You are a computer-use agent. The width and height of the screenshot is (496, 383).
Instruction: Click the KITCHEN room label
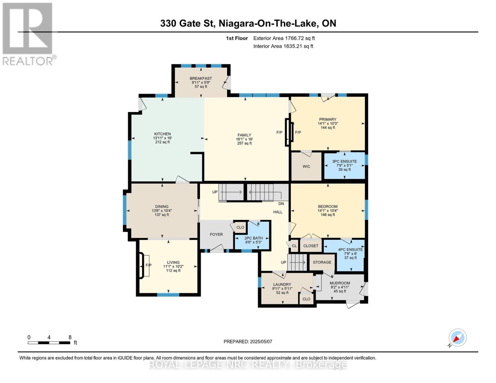point(162,134)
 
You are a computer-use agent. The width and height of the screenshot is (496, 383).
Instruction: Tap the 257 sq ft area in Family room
point(244,143)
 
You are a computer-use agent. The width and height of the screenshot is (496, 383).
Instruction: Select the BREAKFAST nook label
point(201,79)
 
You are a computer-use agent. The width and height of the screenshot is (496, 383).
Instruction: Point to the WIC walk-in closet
point(306,167)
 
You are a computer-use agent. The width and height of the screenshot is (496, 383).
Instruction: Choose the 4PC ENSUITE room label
point(350,250)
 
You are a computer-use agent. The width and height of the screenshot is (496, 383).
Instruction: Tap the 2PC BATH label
point(253,238)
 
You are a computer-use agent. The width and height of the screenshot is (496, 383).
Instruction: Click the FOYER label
point(216,234)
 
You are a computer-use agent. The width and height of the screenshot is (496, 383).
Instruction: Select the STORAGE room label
point(322,262)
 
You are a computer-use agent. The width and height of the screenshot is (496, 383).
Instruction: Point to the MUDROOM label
point(340,283)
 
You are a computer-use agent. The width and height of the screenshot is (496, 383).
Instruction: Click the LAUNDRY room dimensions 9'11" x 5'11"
point(282,289)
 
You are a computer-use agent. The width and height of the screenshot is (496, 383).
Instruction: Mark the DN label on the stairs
point(281,204)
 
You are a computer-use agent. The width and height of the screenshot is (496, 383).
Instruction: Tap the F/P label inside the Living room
point(149,265)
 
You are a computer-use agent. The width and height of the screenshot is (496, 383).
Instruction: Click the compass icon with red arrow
point(457,338)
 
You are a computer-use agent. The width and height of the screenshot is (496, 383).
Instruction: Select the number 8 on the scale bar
point(70,337)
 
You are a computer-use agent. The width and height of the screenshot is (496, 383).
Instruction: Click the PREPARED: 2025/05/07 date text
point(248,342)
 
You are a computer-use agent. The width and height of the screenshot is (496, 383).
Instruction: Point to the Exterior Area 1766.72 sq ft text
point(284,38)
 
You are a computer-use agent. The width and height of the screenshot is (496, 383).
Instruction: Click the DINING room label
point(162,207)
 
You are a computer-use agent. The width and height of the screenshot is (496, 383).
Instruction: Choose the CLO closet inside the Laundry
point(306,299)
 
